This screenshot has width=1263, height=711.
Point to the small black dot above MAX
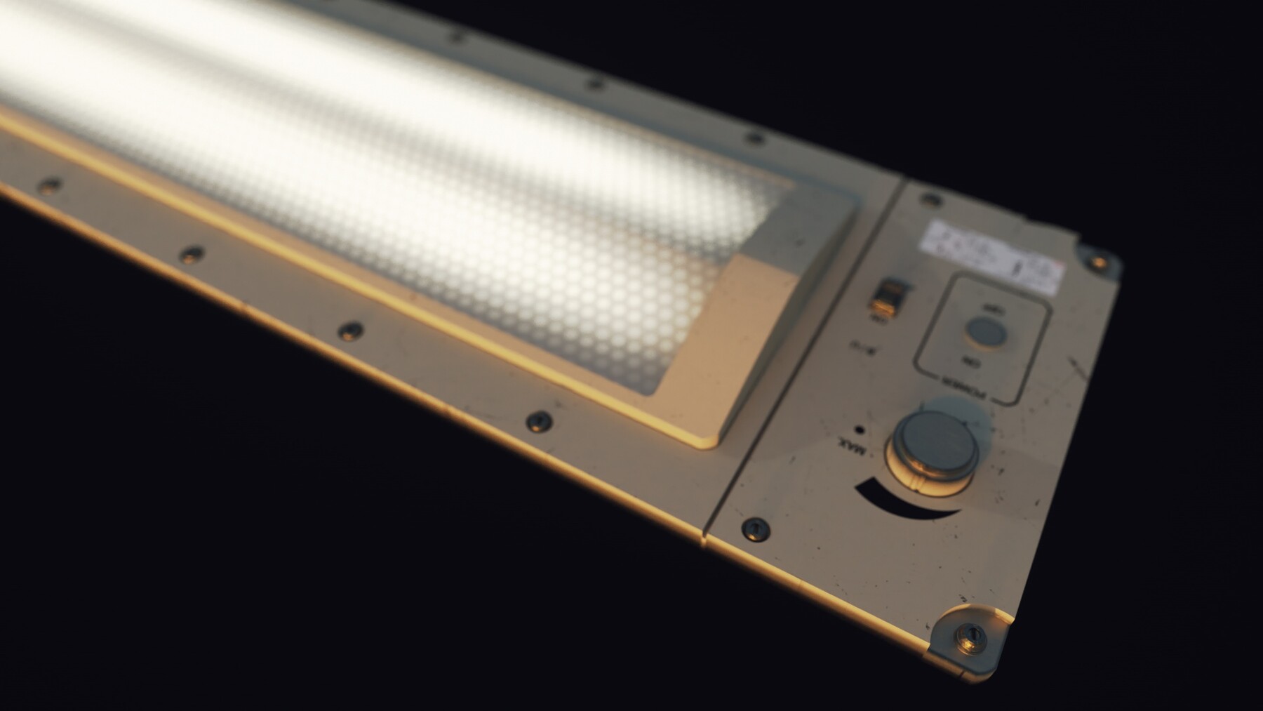pyautogui.click(x=858, y=428)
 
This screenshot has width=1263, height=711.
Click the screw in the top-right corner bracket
pyautogui.click(x=1096, y=262)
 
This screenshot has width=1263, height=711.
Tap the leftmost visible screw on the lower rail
pyautogui.click(x=48, y=185)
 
